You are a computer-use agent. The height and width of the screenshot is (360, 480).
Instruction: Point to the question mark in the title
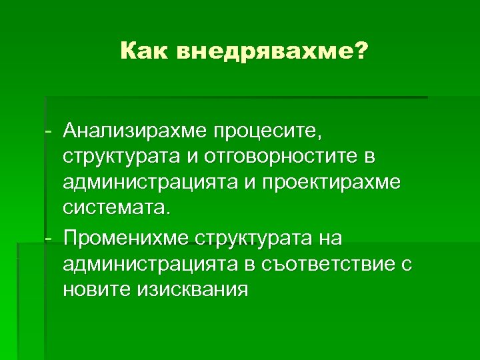[x=361, y=51]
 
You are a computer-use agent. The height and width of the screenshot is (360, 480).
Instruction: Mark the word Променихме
[x=125, y=238]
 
